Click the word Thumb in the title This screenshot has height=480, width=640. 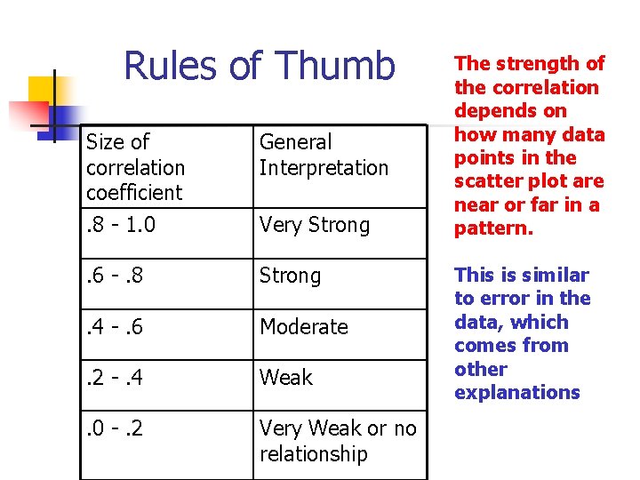[x=335, y=66]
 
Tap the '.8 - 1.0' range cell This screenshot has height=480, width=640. [x=121, y=225]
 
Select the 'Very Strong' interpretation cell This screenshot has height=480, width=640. [x=314, y=225]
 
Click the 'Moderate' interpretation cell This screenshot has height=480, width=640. [x=303, y=327]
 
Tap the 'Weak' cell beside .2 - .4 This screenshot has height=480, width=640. [x=285, y=378]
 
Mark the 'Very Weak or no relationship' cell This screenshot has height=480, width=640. [x=338, y=441]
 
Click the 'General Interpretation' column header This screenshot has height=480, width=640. [x=324, y=155]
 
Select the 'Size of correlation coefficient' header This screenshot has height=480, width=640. [x=135, y=167]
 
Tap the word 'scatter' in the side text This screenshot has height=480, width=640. [x=484, y=181]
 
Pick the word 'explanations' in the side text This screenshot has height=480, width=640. [x=516, y=392]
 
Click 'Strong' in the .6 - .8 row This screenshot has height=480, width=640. [x=290, y=276]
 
